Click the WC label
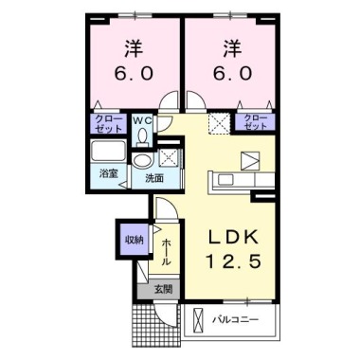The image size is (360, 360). pos(142,120)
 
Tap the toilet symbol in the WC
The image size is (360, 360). pos(142,137)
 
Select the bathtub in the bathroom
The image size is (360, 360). pos(108,151)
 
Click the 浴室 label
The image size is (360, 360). pos(109,173)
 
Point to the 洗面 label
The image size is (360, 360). pos(154,178)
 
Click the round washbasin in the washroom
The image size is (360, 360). pos(142,160)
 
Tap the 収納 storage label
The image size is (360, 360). pos(135,240)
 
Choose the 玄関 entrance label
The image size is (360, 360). pos(163,289)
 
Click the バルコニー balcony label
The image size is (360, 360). pos(235,320)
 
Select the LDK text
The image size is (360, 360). pos(233,237)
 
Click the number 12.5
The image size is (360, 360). pos(234,261)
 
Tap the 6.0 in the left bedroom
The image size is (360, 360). pos(134,74)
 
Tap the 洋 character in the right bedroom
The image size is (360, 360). pos(232,48)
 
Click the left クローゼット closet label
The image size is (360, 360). pos(108,123)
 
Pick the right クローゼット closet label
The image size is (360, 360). pos(255,122)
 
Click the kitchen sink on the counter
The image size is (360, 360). pos(226,180)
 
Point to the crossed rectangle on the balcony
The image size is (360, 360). pos(197,321)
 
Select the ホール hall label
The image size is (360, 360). pos(167,252)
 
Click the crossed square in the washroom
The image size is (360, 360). pos(169,157)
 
